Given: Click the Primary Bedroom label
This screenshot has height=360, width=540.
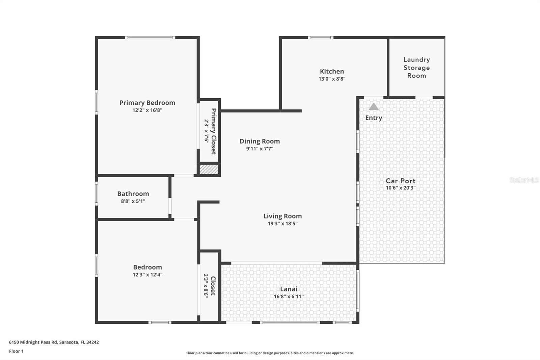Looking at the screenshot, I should (x=147, y=103).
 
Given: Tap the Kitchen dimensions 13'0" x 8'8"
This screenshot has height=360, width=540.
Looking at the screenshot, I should (x=332, y=79).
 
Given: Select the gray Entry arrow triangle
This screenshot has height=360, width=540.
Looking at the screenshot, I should (x=373, y=107).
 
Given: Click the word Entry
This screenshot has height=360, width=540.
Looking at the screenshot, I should (x=374, y=118).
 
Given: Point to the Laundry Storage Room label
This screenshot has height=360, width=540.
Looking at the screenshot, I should (x=416, y=68).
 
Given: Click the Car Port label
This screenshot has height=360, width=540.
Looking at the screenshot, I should (x=400, y=181).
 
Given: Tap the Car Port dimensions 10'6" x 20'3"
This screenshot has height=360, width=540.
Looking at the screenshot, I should (x=400, y=188).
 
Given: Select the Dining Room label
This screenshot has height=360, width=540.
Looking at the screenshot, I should (x=260, y=141).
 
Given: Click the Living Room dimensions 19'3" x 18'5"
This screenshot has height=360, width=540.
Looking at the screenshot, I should (x=282, y=224).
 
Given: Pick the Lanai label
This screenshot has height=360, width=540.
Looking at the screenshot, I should (x=289, y=289).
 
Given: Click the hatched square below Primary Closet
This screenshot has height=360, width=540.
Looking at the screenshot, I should (x=209, y=169).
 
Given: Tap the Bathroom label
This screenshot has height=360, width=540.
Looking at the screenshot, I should (x=133, y=194).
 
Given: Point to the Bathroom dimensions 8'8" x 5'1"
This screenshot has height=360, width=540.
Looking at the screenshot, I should (x=133, y=201).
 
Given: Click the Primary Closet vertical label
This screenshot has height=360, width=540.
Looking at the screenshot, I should (x=213, y=131).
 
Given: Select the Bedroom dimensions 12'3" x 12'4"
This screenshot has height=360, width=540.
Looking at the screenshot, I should (x=147, y=275).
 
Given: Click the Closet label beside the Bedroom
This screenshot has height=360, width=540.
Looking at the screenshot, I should (x=213, y=286).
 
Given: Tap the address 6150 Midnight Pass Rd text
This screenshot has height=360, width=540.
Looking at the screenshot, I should (x=54, y=342).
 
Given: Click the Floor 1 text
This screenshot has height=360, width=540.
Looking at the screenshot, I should (x=16, y=351).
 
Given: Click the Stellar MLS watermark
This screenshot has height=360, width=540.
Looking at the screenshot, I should (x=524, y=180).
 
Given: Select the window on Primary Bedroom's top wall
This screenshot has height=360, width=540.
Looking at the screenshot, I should (x=150, y=37).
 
